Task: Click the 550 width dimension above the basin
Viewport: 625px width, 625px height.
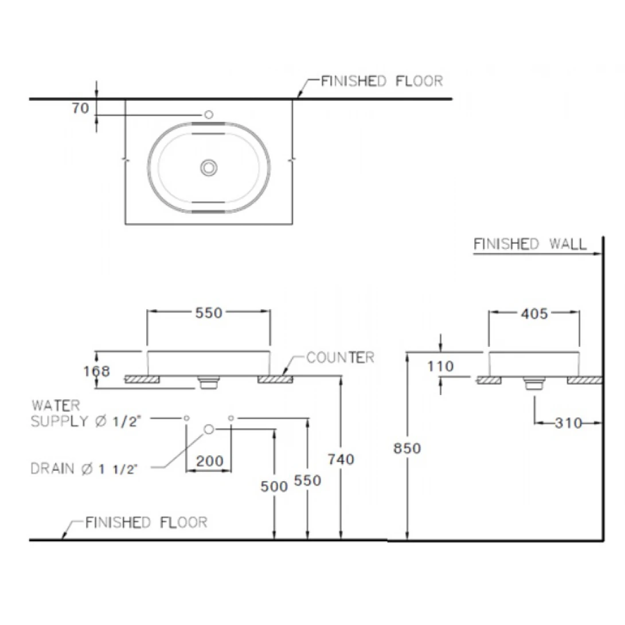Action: tap(209, 312)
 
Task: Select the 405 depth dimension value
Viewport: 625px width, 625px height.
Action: tap(534, 314)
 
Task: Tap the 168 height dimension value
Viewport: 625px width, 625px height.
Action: tap(96, 371)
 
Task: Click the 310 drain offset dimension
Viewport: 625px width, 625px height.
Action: tap(568, 423)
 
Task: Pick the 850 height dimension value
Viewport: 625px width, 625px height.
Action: tap(407, 448)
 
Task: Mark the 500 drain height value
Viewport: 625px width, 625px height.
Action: tap(274, 486)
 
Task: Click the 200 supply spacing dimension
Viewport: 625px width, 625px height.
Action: tap(209, 460)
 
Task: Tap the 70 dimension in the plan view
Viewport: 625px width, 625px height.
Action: tap(81, 108)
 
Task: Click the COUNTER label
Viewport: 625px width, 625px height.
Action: tap(340, 358)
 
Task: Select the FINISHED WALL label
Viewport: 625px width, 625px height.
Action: tap(530, 244)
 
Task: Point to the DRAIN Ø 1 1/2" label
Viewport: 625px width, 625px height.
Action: tap(85, 469)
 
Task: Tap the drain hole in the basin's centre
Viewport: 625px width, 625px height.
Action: tap(209, 167)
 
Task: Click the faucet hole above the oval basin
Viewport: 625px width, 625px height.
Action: tap(208, 115)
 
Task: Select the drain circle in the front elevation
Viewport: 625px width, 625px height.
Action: tap(209, 429)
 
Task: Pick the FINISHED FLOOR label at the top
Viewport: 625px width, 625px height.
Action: tap(381, 81)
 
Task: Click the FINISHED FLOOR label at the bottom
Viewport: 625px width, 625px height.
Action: tap(146, 522)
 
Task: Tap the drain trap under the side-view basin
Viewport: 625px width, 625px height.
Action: tap(534, 383)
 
